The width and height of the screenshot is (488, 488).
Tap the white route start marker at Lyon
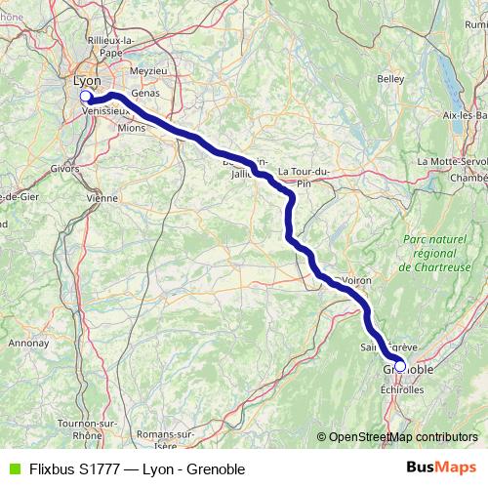(85, 97)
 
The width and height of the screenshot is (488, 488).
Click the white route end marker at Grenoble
(400, 367)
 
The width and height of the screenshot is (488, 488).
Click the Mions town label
(130, 127)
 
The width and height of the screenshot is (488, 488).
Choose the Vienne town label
(102, 197)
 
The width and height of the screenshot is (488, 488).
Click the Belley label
(390, 78)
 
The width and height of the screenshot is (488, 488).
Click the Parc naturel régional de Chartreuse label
(433, 252)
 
